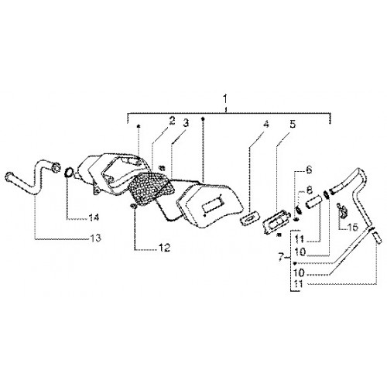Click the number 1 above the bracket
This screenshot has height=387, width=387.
tap(225, 99)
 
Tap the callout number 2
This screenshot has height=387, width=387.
tap(172, 121)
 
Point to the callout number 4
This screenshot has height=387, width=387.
tap(265, 124)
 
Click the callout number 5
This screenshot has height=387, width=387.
tap(293, 124)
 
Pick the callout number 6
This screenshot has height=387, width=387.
tap(309, 170)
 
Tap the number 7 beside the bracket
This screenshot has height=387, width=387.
tap(282, 257)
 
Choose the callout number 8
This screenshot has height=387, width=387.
tap(310, 190)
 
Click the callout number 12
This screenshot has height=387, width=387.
tap(165, 248)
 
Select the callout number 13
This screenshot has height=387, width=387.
tap(95, 238)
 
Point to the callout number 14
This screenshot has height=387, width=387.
tap(94, 217)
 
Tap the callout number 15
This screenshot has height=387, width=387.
tap(353, 227)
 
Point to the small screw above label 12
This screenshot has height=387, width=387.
tap(133, 206)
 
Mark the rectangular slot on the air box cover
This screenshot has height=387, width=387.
tap(214, 203)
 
